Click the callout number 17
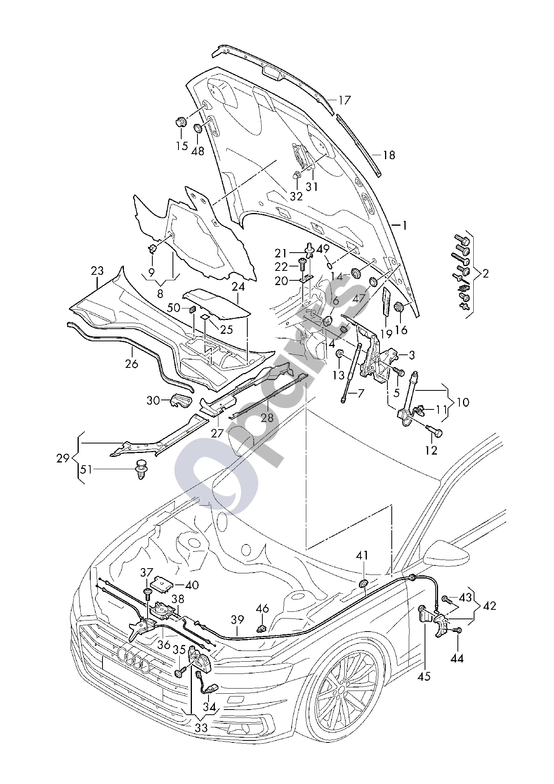click(x=345, y=100)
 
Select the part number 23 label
click(x=97, y=271)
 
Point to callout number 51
click(x=86, y=470)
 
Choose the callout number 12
click(x=431, y=450)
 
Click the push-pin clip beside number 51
click(x=141, y=470)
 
